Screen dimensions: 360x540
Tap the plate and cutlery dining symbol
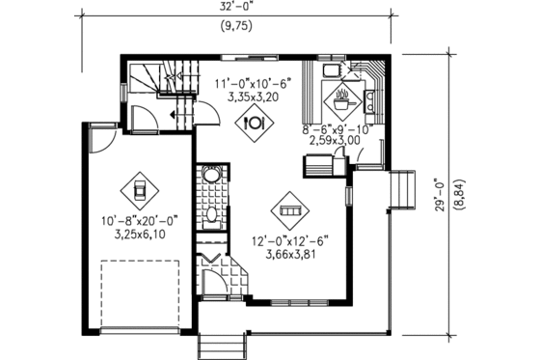(x=256, y=123)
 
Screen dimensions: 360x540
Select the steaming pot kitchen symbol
(x=342, y=95)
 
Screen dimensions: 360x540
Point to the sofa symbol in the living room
(x=289, y=208)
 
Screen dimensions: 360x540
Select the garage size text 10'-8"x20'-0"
(x=138, y=219)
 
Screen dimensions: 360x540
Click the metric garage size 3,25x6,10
(x=138, y=233)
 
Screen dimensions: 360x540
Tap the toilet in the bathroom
(x=213, y=213)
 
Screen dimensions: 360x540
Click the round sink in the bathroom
(x=213, y=175)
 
